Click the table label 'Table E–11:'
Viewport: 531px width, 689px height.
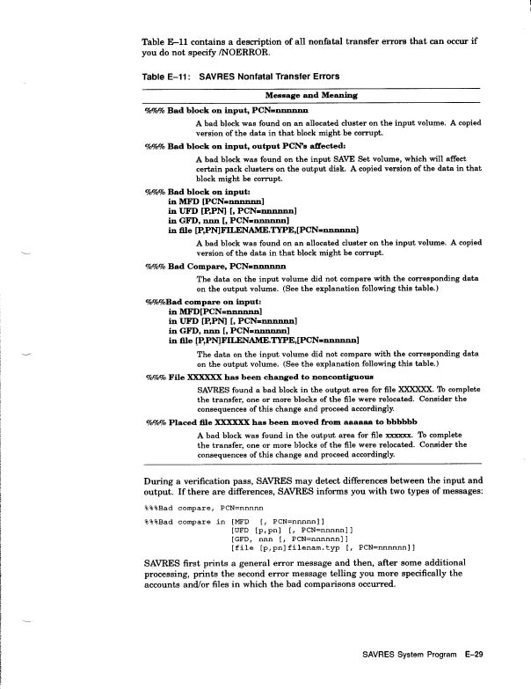pos(165,77)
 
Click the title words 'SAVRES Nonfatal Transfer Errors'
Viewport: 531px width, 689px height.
pos(269,77)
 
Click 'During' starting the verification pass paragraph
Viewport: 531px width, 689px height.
pos(158,480)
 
